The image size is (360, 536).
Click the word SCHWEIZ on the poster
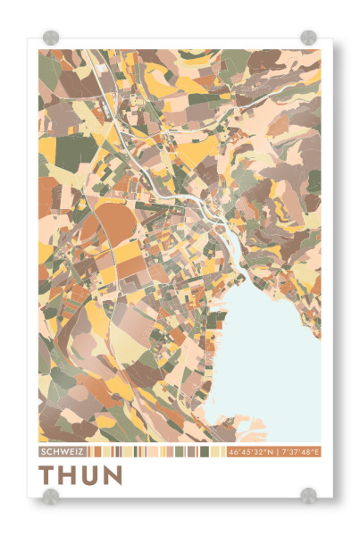[x=62, y=452]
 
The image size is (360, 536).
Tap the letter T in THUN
[x=48, y=475]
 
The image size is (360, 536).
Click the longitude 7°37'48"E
[x=299, y=452]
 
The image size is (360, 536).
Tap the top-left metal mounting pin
[x=51, y=38]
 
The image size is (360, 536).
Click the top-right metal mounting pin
[x=308, y=38]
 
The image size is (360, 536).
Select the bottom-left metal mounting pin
[x=51, y=495]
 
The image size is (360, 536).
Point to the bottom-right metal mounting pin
[x=308, y=495]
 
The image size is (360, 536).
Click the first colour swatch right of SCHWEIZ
[x=88, y=452]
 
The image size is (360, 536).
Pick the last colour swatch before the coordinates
[x=222, y=452]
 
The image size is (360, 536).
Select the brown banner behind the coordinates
[x=273, y=452]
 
